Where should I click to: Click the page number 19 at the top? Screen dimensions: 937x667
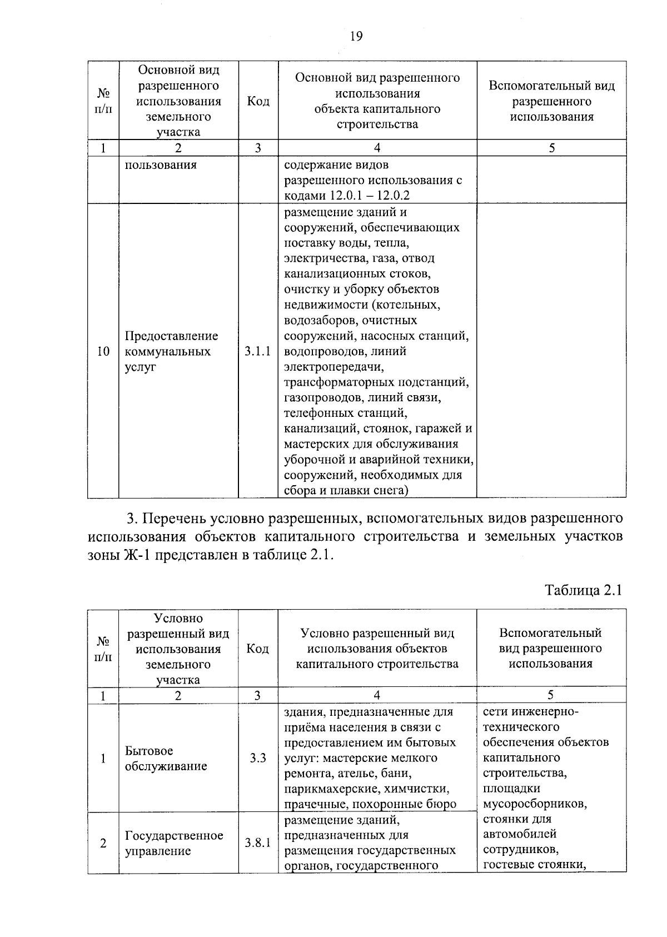point(356,37)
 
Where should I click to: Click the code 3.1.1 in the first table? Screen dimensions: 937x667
point(258,351)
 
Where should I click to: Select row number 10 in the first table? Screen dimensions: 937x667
point(103,351)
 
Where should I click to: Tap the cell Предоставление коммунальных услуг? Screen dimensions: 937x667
point(171,351)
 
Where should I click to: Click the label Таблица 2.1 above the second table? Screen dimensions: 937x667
point(583,590)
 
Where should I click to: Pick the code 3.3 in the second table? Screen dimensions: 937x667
point(258,758)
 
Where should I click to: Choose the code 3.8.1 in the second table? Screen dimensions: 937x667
point(258,843)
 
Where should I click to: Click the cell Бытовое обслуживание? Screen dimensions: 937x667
point(166,758)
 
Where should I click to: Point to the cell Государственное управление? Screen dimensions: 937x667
point(173,843)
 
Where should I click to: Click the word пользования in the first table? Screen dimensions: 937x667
point(160,165)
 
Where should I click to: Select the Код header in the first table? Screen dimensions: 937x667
point(258,101)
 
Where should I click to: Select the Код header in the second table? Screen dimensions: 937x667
point(258,649)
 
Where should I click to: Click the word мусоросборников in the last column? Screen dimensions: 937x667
point(534,804)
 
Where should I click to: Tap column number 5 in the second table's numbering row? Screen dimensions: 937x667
point(550,695)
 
